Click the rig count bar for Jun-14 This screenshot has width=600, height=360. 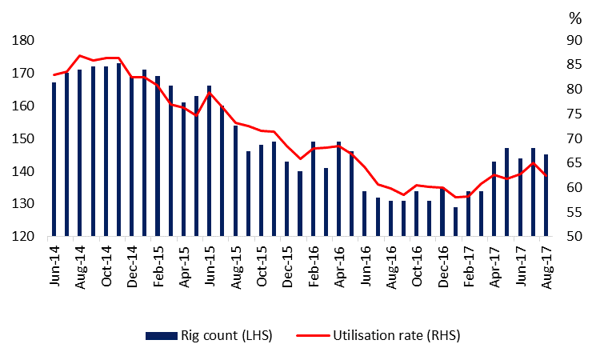tap(54, 160)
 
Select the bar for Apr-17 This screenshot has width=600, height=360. tap(494, 199)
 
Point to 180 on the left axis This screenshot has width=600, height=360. tap(23, 40)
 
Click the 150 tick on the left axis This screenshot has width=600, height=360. tap(23, 138)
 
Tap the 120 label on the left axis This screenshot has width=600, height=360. tap(23, 237)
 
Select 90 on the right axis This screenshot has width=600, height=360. tap(574, 40)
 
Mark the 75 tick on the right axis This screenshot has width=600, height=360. tap(574, 138)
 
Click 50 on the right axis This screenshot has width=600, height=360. tap(574, 237)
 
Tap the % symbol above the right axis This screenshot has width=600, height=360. tap(574, 16)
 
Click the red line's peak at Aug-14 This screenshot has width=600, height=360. tap(79, 55)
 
